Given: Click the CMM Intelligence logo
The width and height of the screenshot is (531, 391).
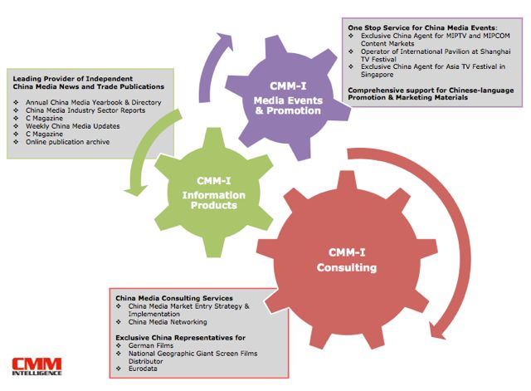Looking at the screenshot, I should tap(36, 366).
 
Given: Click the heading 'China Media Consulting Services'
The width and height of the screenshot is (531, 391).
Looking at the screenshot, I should tap(173, 297).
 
